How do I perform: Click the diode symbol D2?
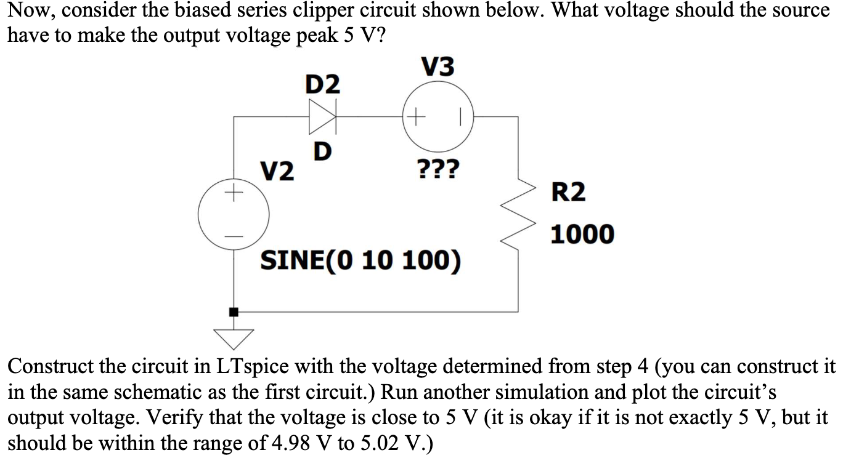click(324, 115)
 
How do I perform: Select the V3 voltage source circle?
click(438, 115)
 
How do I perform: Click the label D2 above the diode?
click(323, 84)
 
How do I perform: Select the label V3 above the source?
click(438, 66)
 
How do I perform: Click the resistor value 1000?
click(582, 235)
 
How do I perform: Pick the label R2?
click(568, 193)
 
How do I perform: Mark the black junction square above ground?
click(234, 312)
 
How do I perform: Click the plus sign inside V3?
click(418, 115)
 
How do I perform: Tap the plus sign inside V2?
click(234, 195)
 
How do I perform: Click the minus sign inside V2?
click(234, 236)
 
